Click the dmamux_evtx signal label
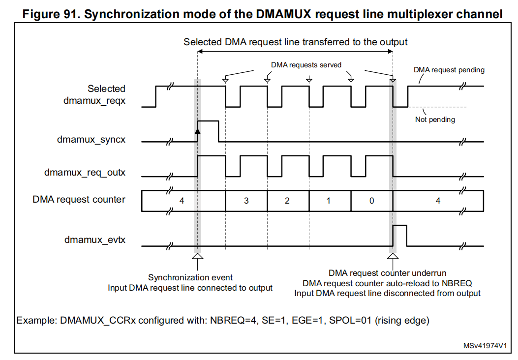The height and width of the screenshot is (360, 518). tap(95, 240)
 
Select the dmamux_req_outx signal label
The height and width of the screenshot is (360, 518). tap(85, 173)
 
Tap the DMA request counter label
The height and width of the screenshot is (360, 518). tap(79, 200)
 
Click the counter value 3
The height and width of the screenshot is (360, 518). tap(246, 201)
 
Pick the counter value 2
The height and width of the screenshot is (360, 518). tap(287, 201)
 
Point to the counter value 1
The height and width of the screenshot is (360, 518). tap(329, 201)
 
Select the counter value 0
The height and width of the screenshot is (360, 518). tap(371, 201)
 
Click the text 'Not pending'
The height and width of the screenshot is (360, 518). tap(435, 120)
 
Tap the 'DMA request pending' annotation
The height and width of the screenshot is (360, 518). tap(449, 70)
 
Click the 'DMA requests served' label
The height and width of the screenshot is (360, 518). tap(306, 65)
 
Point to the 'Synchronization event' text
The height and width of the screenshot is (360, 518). tap(190, 278)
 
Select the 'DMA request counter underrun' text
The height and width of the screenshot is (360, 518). tap(387, 273)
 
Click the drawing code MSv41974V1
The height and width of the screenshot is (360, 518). tap(485, 346)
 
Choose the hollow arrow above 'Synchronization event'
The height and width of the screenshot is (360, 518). tap(197, 257)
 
